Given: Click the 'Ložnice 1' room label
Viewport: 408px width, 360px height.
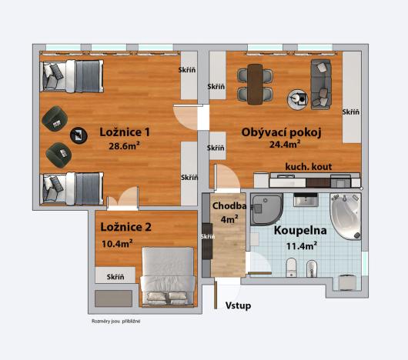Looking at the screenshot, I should (125, 132).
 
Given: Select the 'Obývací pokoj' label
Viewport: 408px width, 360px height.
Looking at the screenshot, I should (281, 133).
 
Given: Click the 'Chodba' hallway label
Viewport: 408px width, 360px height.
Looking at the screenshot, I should (229, 206).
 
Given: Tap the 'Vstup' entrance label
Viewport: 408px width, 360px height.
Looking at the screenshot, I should (238, 306).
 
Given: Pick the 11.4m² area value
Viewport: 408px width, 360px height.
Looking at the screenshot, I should (302, 245).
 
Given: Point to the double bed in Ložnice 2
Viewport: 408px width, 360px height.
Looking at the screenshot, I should (166, 273).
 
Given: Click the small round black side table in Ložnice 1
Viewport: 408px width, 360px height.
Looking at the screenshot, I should (78, 136).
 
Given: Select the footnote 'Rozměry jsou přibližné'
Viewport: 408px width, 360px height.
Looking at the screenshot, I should (115, 321).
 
